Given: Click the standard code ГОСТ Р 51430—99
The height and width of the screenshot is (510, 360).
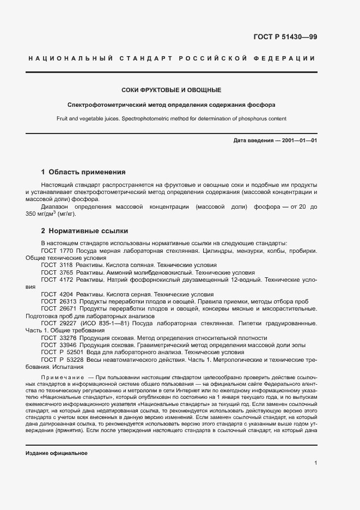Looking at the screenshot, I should (x=285, y=37).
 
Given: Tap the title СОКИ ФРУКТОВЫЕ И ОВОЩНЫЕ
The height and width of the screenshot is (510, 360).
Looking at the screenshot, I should (x=171, y=89).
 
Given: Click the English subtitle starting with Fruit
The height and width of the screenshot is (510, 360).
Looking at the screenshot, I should (x=171, y=118).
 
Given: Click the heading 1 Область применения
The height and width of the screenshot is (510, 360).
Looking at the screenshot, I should (x=83, y=172).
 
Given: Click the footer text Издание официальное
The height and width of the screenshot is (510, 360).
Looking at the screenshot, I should (x=56, y=453).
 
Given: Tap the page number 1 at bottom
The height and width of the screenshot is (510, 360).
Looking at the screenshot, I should (x=315, y=463).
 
